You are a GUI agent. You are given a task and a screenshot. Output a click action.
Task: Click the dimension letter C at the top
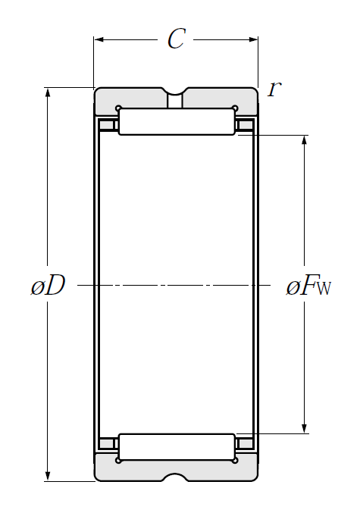coord(177,39)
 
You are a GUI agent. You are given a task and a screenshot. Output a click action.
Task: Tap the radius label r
coord(274,89)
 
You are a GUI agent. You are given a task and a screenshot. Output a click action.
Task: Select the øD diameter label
coord(48,286)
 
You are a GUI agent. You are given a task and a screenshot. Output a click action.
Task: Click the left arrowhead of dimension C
coord(99,39)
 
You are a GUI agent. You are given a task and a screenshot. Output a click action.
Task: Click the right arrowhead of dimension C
coord(253,39)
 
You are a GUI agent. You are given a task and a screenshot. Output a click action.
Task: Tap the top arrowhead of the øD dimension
coord(48,92)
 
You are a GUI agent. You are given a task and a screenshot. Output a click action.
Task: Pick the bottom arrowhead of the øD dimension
coord(48,477)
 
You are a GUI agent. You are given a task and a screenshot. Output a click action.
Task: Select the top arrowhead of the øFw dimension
coord(305,139)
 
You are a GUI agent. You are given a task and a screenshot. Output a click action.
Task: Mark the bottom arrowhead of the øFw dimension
coord(305,429)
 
